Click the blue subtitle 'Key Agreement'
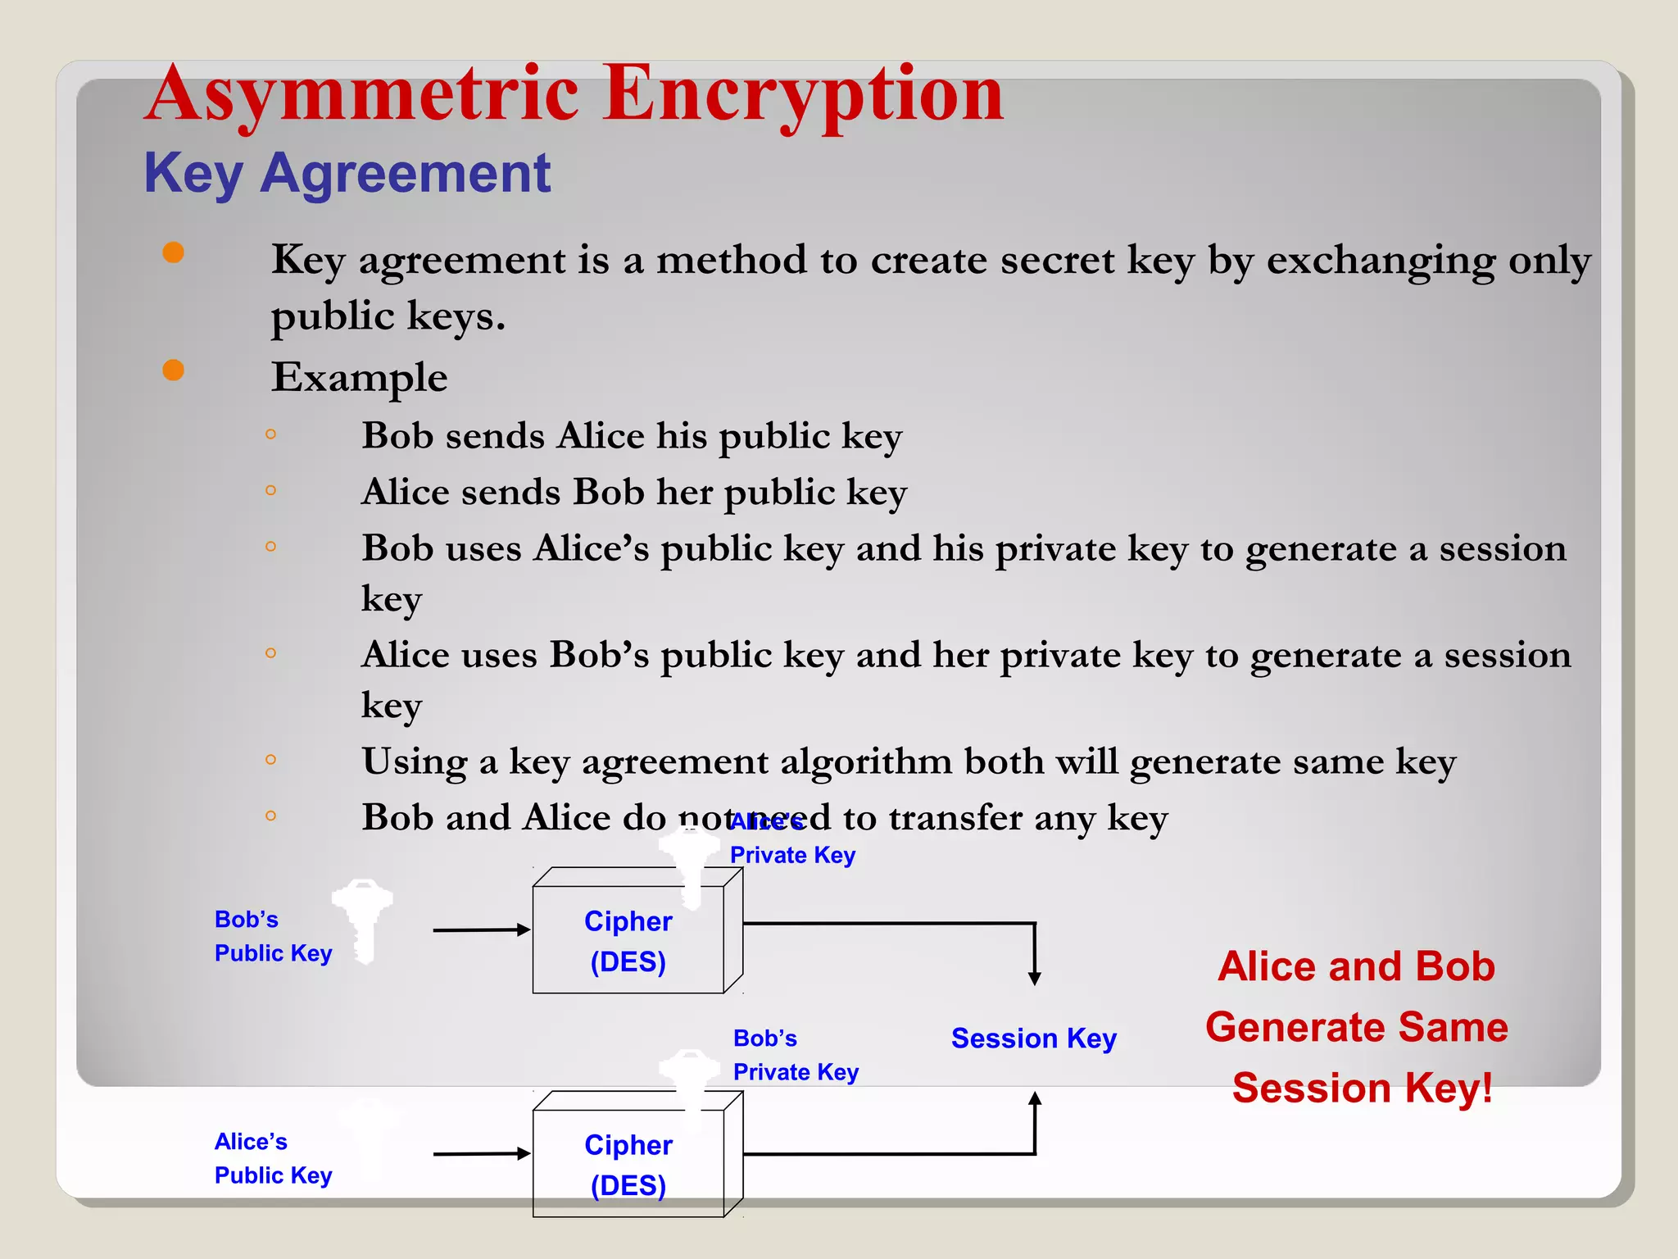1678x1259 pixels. (x=347, y=174)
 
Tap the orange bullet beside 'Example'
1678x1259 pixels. (x=173, y=370)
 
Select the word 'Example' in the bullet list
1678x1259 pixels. (x=359, y=378)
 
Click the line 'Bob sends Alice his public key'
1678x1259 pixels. (x=631, y=436)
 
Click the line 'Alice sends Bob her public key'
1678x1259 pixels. (x=633, y=493)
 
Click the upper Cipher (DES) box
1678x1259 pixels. (x=628, y=940)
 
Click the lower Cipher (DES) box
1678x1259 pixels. (x=628, y=1164)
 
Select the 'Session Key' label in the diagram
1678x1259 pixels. (x=1033, y=1039)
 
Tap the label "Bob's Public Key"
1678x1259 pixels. (x=273, y=936)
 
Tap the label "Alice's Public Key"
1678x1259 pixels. (x=273, y=1158)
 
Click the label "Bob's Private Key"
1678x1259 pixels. (x=795, y=1055)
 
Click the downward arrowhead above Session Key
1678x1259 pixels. (x=1035, y=978)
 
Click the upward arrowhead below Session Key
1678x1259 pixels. (x=1035, y=1099)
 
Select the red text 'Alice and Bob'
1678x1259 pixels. (x=1356, y=966)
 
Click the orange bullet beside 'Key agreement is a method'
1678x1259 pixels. (x=173, y=252)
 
